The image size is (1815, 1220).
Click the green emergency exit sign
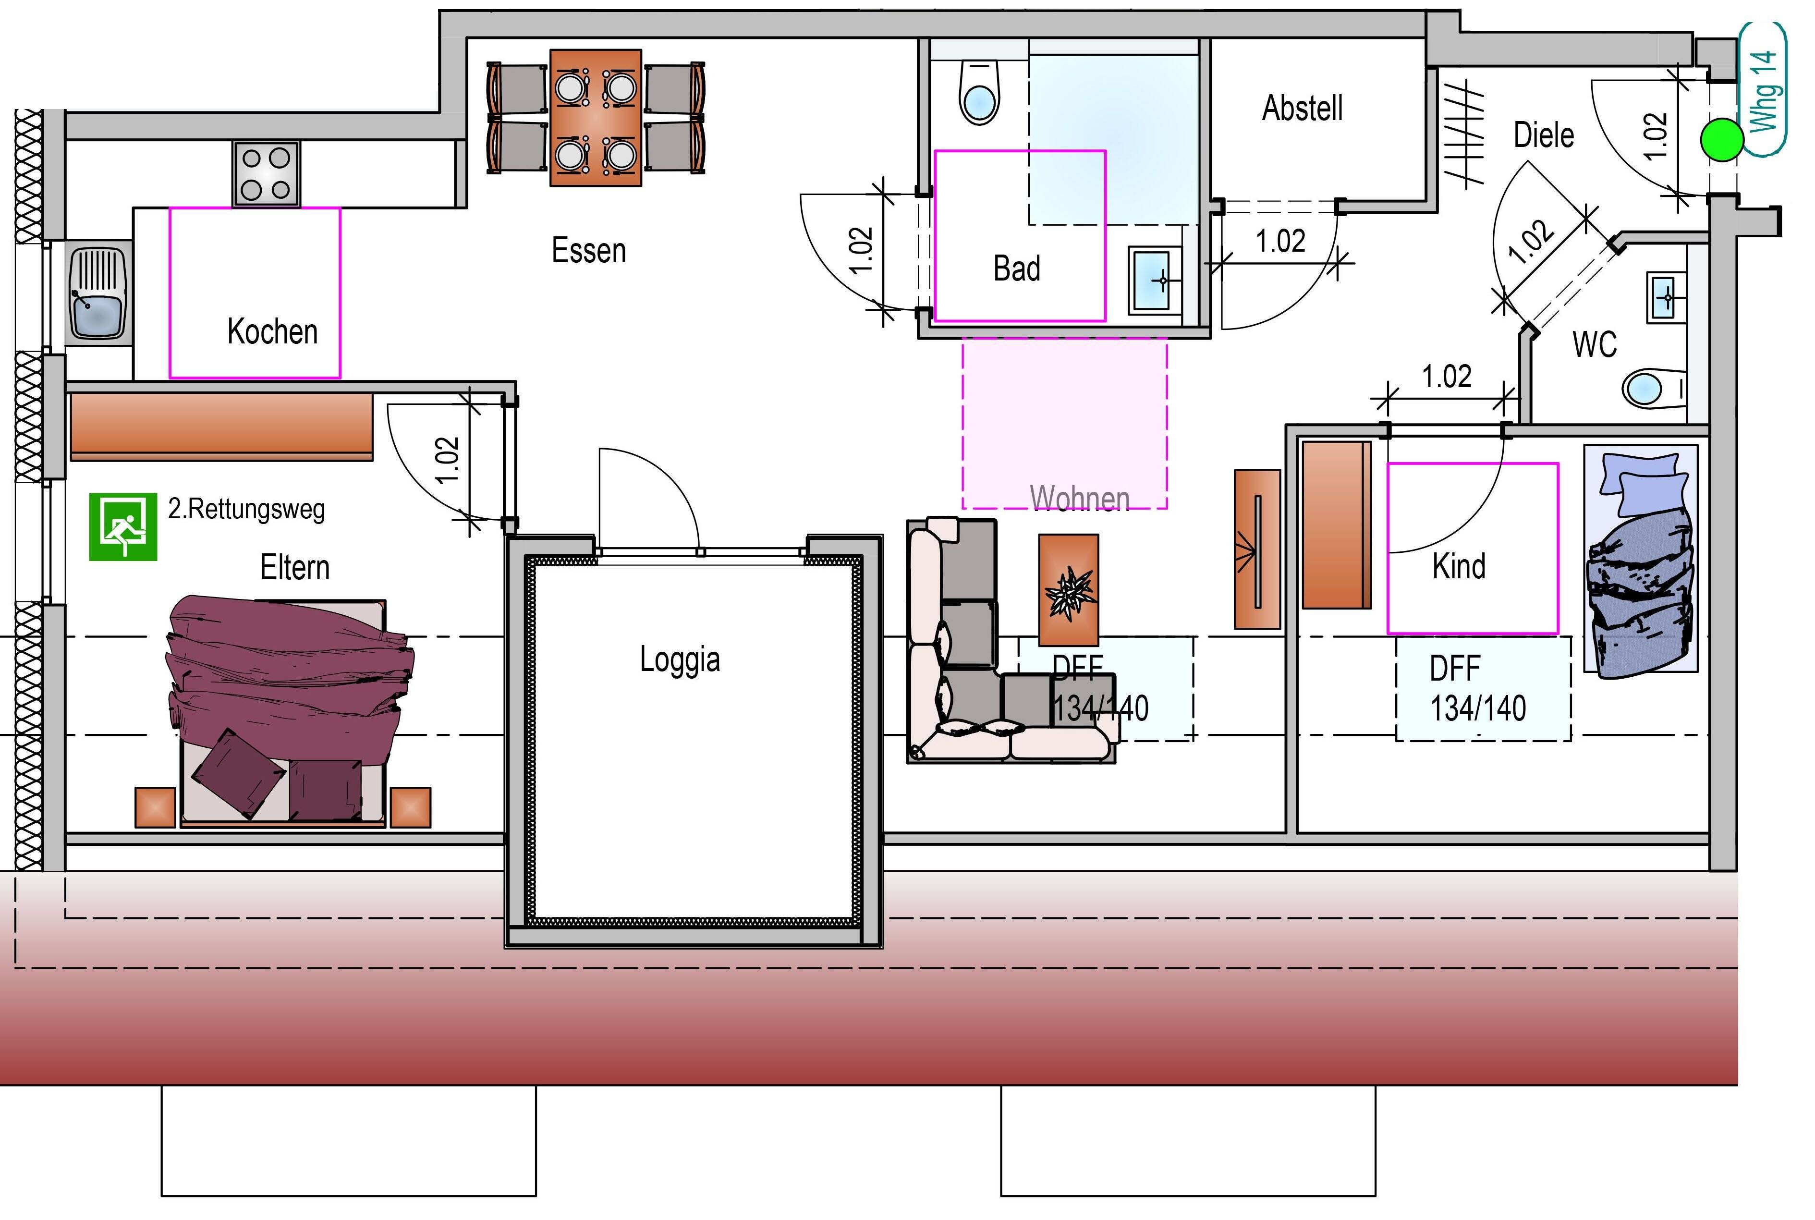[x=123, y=527]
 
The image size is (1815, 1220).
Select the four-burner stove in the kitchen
[x=265, y=173]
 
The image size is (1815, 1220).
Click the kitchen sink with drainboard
[x=98, y=293]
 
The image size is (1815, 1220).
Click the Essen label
[x=588, y=251]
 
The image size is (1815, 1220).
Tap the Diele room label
[x=1544, y=135]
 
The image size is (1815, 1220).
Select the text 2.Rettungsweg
[x=246, y=509]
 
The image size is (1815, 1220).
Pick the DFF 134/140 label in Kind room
[x=1477, y=689]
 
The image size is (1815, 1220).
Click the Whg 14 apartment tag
[x=1763, y=89]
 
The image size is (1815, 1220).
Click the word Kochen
[x=272, y=331]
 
